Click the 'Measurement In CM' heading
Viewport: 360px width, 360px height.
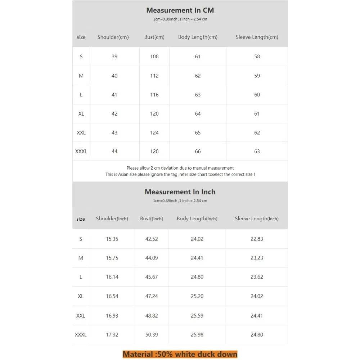180,10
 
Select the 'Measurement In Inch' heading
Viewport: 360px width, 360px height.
180,192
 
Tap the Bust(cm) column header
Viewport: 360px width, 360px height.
154,37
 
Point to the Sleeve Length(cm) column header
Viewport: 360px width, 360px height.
257,37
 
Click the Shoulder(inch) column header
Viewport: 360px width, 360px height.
112,219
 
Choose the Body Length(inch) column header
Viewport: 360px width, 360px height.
197,219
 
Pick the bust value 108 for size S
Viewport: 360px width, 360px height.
154,57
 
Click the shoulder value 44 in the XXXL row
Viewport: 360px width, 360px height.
114,151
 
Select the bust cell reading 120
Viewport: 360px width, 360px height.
154,114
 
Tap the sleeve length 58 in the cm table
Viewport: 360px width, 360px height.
257,57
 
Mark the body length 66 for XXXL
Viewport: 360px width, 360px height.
198,151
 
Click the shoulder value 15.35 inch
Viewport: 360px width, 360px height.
112,239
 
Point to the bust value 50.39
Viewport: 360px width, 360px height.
151,334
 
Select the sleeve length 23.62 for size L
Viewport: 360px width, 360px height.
257,277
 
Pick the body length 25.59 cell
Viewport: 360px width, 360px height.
197,316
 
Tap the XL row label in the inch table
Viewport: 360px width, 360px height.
81,296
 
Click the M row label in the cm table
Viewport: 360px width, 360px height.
81,76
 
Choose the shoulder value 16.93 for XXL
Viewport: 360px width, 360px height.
112,316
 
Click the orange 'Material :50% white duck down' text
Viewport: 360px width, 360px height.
180,354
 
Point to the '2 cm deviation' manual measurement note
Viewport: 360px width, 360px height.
180,168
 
